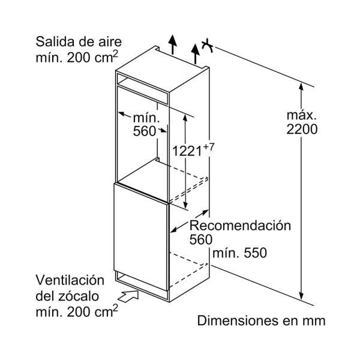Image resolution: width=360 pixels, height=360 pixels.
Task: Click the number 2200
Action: [302, 129]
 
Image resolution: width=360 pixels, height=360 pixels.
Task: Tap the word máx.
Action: [301, 115]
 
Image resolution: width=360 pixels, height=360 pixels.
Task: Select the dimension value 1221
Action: [187, 151]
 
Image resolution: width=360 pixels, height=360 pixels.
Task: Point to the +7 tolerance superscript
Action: [208, 146]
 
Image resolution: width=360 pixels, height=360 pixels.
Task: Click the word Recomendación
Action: [240, 226]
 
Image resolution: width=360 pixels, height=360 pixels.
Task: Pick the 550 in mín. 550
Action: [256, 253]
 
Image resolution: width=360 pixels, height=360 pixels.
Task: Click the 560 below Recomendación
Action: [201, 239]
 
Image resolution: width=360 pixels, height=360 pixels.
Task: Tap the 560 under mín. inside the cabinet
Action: [145, 131]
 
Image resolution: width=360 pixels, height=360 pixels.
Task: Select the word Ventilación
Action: [70, 280]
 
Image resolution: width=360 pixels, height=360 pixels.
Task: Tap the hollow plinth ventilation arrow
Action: [128, 296]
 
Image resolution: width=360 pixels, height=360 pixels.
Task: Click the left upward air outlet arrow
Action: [172, 45]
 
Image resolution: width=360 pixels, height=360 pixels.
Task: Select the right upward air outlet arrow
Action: [196, 54]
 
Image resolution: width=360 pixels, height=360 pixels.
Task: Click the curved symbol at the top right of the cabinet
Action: [208, 46]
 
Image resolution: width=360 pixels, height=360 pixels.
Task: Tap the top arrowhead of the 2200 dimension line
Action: [301, 87]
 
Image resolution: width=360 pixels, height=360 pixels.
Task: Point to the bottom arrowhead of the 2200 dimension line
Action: [302, 296]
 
